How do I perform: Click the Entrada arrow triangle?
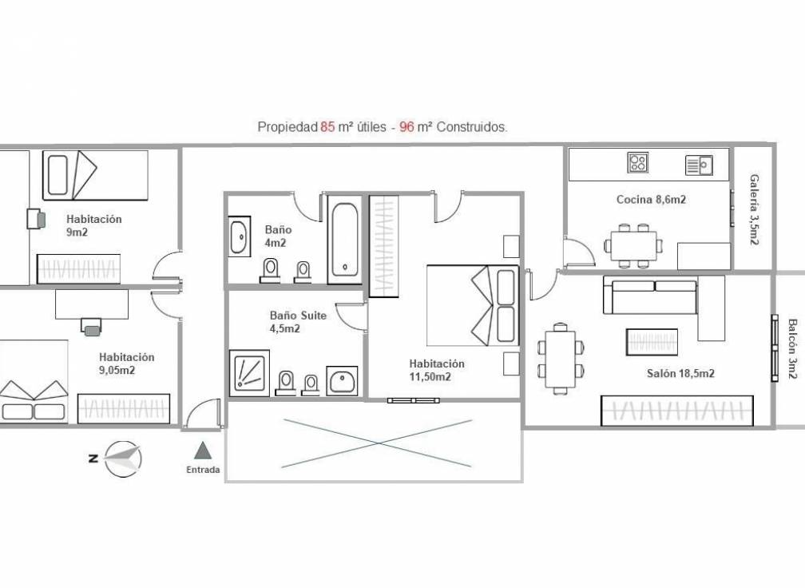[x=202, y=451]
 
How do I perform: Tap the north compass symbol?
[x=121, y=459]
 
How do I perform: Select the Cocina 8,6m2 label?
[x=651, y=200]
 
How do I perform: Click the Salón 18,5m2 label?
[x=680, y=373]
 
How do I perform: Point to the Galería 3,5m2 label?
[x=754, y=209]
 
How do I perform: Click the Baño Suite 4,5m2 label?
[x=297, y=322]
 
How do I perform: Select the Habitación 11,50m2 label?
[x=435, y=370]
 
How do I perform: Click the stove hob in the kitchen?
[x=638, y=163]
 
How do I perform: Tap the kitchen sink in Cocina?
[x=699, y=165]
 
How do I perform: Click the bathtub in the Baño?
[x=344, y=240]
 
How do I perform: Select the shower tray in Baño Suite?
[x=248, y=371]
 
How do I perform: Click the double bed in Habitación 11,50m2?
[x=472, y=304]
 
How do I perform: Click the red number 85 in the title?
[x=327, y=126]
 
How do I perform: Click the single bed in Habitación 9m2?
[x=94, y=175]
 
